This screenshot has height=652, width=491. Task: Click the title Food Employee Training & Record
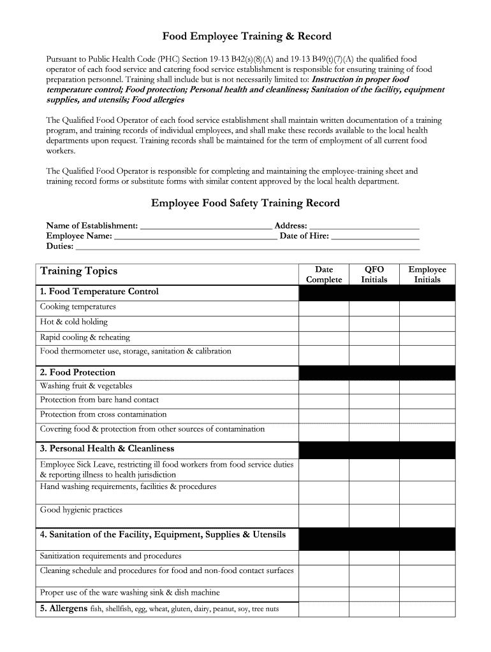246,37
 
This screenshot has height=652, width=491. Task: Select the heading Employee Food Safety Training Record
246,203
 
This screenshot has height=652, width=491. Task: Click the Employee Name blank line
195,237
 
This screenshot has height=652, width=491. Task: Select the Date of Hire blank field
376,237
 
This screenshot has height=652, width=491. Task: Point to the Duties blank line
247,247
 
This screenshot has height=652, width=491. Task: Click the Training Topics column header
79,271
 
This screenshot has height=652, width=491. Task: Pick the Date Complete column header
324,274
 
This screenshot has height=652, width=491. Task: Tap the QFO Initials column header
374,274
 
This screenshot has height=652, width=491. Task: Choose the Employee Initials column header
427,274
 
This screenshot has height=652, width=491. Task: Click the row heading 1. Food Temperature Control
99,292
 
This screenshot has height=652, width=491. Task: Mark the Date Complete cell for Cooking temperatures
324,308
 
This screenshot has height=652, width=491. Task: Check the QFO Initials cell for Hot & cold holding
374,323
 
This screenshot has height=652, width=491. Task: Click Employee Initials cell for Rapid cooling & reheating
427,338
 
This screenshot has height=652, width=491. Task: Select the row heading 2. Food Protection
77,372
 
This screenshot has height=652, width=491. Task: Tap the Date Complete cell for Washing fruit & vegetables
324,387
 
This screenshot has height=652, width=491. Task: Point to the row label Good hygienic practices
81,510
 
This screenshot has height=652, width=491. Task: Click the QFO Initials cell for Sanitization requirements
374,557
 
